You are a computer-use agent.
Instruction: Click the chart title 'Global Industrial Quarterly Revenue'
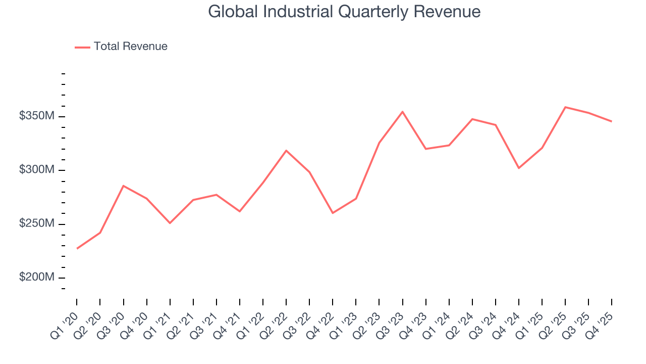[344, 12]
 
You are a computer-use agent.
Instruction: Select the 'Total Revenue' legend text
[130, 47]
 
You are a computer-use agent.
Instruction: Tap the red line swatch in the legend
[82, 47]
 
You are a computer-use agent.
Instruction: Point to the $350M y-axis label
[36, 116]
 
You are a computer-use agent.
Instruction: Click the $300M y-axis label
[36, 170]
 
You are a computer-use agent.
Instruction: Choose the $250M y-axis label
[36, 224]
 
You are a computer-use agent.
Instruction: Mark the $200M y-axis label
[36, 278]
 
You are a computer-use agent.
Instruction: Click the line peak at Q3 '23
[402, 112]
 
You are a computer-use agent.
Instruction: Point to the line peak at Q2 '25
[565, 107]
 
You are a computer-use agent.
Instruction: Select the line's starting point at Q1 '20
[77, 248]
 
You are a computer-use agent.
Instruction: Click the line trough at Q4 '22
[333, 213]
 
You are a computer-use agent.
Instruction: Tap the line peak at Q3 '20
[124, 186]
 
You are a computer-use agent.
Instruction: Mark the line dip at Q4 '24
[519, 168]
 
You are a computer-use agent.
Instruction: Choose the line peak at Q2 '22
[286, 151]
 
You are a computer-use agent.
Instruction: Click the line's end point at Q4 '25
[612, 121]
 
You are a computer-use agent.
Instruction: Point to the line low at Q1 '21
[170, 223]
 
